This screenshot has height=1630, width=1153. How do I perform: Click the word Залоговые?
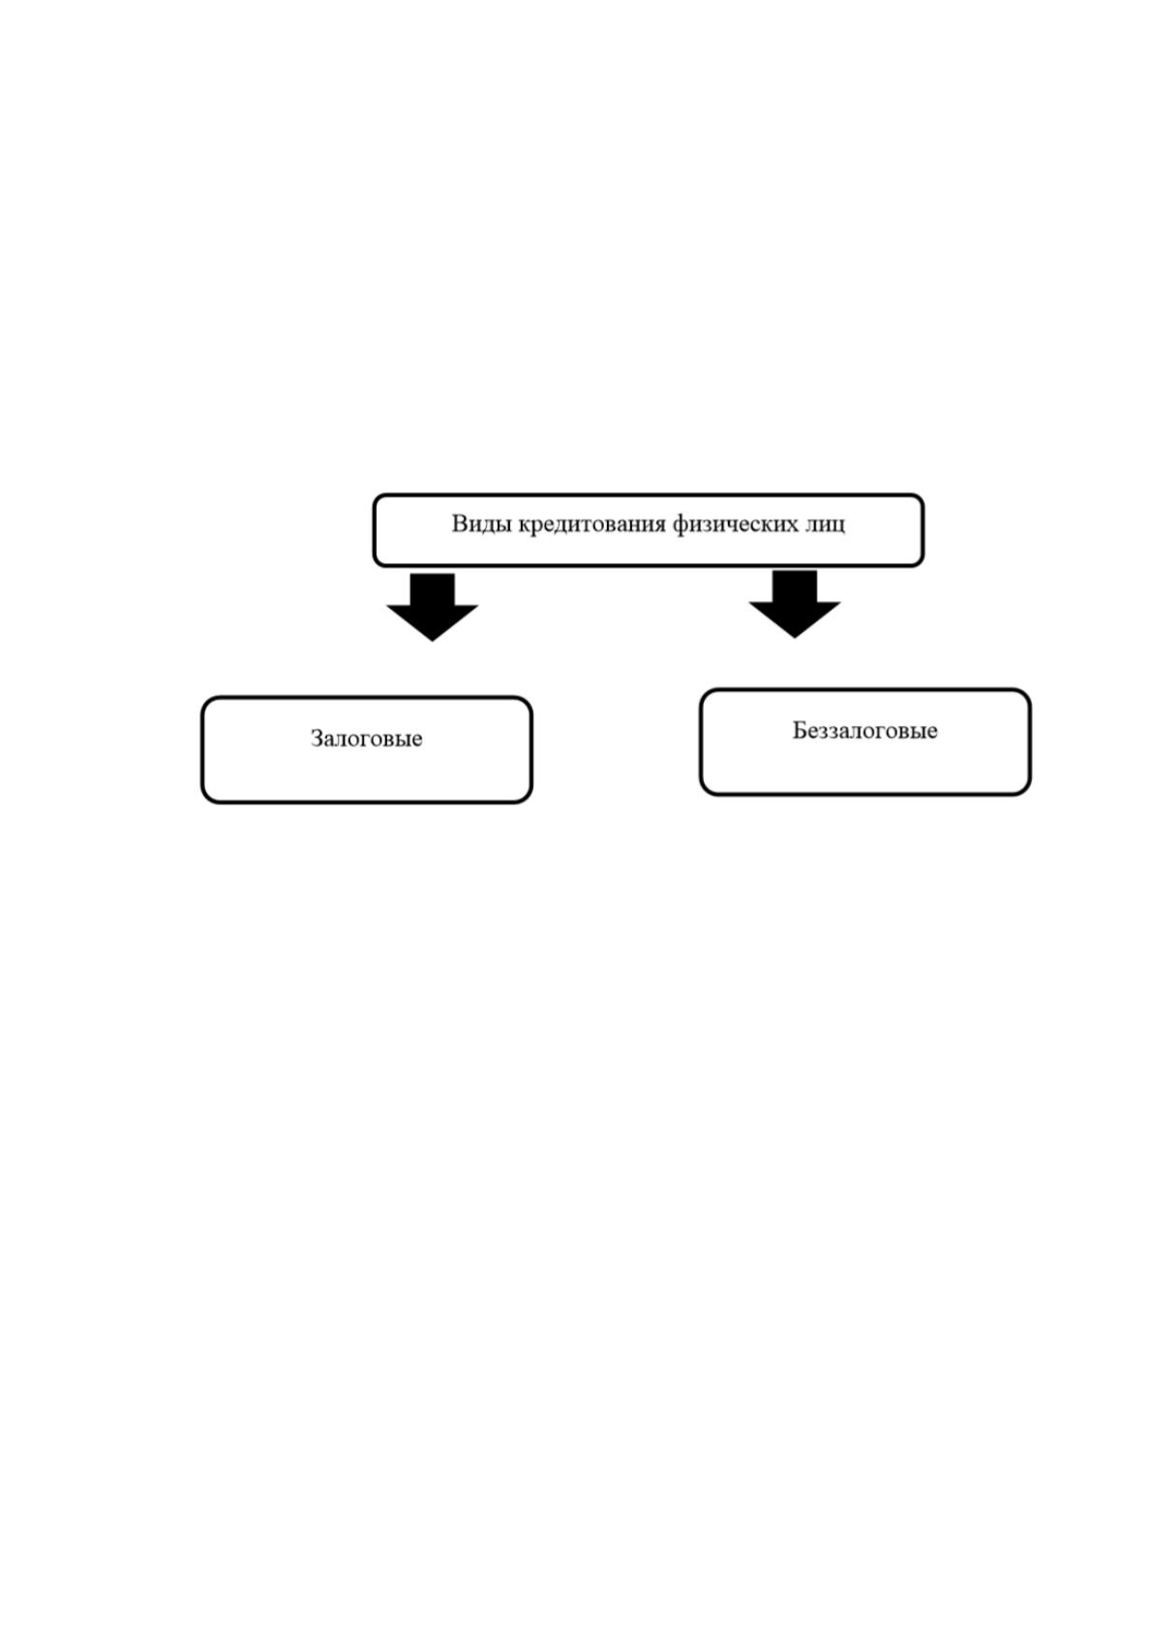coord(366,739)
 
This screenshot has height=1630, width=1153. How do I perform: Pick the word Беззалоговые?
coord(865,730)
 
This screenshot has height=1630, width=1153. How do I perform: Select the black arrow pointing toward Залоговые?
coord(433,607)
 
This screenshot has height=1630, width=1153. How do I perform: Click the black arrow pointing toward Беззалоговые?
coord(795,604)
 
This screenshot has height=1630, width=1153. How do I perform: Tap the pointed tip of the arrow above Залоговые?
coord(433,641)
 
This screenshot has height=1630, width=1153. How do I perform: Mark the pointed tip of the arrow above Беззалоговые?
coord(795,638)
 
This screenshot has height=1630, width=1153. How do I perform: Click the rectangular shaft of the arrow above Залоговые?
coord(433,589)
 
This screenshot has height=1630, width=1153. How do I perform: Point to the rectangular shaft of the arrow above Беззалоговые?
coord(795,587)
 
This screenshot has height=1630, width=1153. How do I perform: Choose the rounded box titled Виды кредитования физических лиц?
coord(648,494)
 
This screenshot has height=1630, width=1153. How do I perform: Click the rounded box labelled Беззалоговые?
coord(865,689)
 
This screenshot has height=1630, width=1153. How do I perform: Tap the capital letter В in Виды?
coord(459,524)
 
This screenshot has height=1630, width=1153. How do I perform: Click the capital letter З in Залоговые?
coord(317,739)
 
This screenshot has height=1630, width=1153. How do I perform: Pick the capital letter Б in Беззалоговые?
coord(800,730)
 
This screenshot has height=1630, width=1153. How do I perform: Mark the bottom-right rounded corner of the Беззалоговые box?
coord(1026,790)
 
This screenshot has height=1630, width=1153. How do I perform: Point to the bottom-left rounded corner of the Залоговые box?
coord(206,798)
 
